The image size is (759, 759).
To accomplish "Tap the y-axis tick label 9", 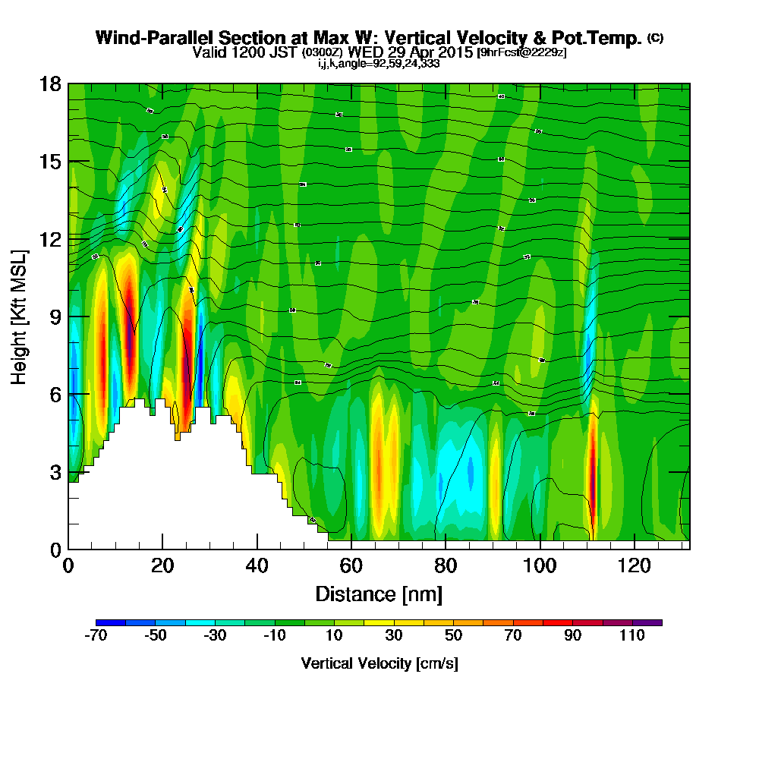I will [x=54, y=317].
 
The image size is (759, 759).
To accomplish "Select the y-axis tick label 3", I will [x=54, y=472].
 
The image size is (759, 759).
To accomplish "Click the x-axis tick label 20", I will [x=162, y=565].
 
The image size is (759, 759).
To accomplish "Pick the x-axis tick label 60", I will [x=351, y=565].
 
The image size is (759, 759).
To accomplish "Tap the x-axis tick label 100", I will [x=540, y=565].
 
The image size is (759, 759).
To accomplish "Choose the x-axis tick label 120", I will [x=634, y=565].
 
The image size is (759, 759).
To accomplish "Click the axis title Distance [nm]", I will [x=379, y=593].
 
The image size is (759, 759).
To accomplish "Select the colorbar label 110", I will [x=632, y=635].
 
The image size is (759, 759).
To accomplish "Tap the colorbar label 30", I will [x=394, y=635].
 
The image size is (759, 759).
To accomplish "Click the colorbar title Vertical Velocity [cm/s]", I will [x=379, y=663].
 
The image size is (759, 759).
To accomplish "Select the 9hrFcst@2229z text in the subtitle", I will [x=521, y=52].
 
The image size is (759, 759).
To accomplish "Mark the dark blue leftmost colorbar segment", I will [x=111, y=622].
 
